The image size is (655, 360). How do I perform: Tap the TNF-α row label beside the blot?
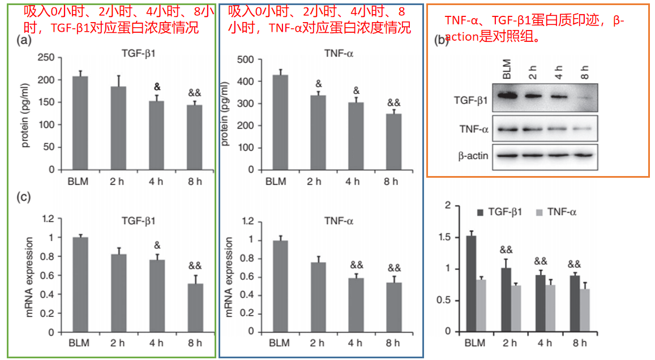474,128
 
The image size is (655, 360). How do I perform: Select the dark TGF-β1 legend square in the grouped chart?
481,212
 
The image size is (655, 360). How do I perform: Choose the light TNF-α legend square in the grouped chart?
539,212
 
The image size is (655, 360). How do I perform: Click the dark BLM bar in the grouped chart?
471,284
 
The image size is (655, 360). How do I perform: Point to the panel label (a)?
23,40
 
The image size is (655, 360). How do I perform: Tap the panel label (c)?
23,197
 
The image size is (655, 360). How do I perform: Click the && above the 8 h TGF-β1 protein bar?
195,93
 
